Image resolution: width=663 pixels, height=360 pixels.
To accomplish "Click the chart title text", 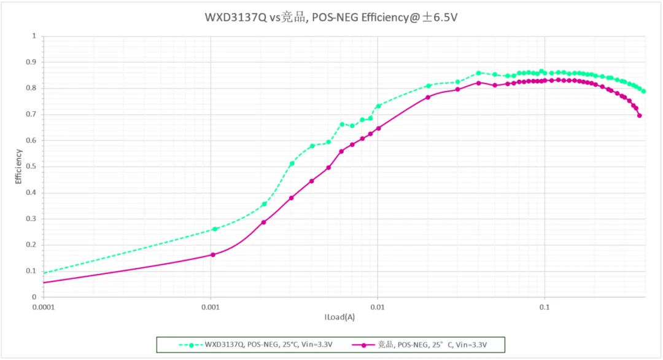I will tap(331, 17).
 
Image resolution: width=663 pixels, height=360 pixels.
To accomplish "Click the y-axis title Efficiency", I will tap(18, 166).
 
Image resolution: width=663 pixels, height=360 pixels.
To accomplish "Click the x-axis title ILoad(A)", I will tap(339, 317).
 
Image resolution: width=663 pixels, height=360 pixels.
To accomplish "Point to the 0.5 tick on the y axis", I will tap(34, 166).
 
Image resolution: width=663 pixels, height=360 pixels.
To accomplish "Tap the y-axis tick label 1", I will tap(34, 36).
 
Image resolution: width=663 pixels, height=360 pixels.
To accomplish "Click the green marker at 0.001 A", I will tap(215, 229).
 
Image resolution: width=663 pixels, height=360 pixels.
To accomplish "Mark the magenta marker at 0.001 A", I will tap(213, 254).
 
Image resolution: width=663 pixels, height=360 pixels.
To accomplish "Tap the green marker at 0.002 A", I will tap(265, 204).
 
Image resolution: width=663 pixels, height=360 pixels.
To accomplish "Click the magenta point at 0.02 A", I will tap(428, 97).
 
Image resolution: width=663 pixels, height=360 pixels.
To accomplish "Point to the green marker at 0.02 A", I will tap(429, 86).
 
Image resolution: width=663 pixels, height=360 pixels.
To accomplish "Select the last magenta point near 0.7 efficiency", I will tap(640, 115).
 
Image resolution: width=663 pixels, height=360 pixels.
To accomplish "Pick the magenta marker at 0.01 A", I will tap(378, 128).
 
